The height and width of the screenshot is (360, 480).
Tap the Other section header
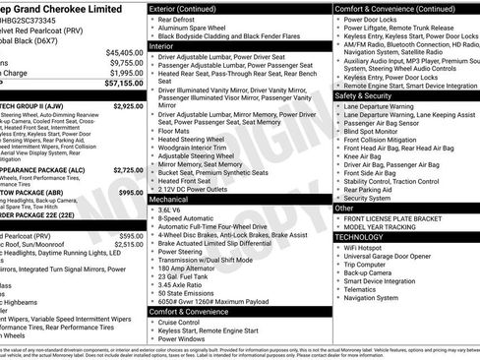(345, 209)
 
